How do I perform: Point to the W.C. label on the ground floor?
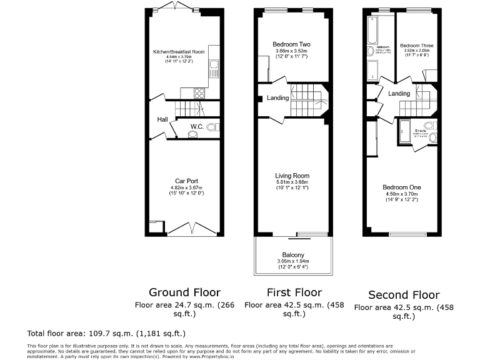[x=196, y=127]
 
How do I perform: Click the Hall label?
[x=162, y=119]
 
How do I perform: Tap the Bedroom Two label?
[x=291, y=44]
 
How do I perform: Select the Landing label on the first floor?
[x=277, y=98]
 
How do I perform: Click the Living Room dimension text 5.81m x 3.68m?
[x=292, y=182]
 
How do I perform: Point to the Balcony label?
[x=292, y=255]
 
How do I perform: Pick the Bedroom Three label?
[x=416, y=46]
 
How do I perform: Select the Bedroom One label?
[x=401, y=187]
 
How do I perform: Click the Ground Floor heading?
[x=184, y=292]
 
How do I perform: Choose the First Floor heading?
[x=294, y=292]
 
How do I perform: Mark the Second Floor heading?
[x=404, y=295]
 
